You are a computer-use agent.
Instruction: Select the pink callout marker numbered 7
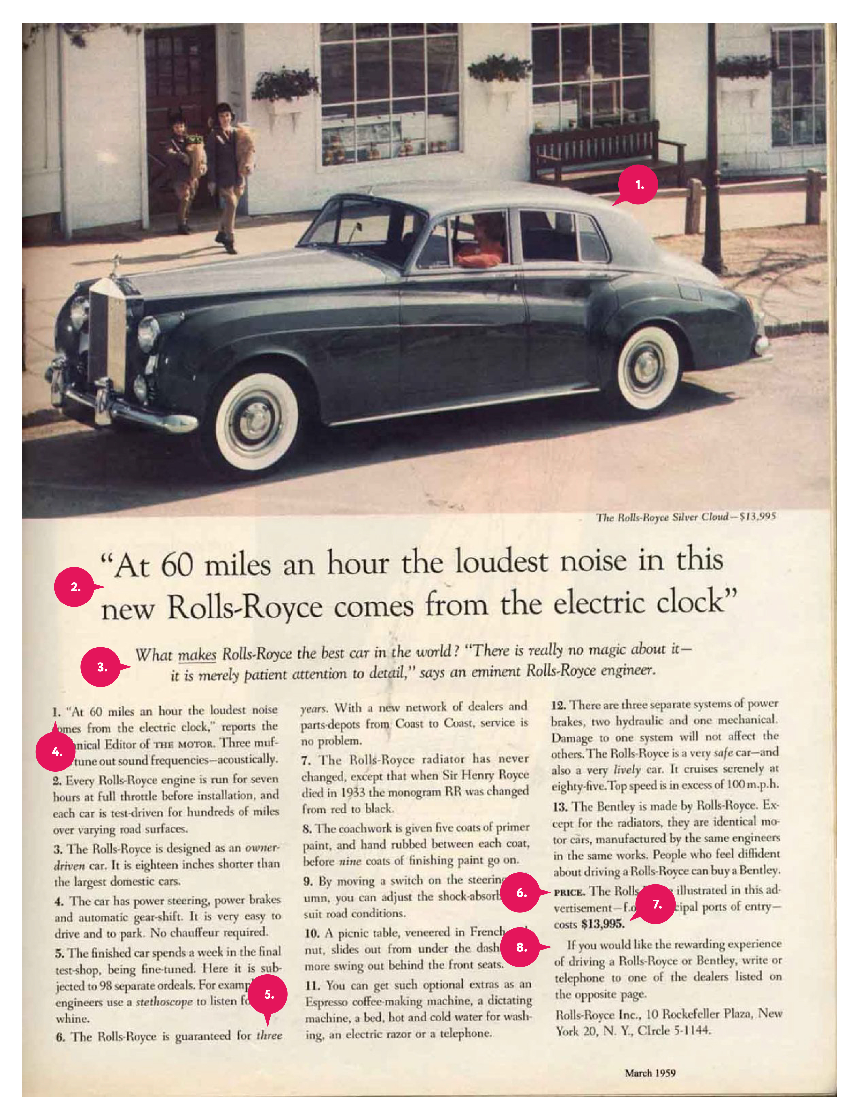(657, 904)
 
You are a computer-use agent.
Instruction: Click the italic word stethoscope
(164, 1001)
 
